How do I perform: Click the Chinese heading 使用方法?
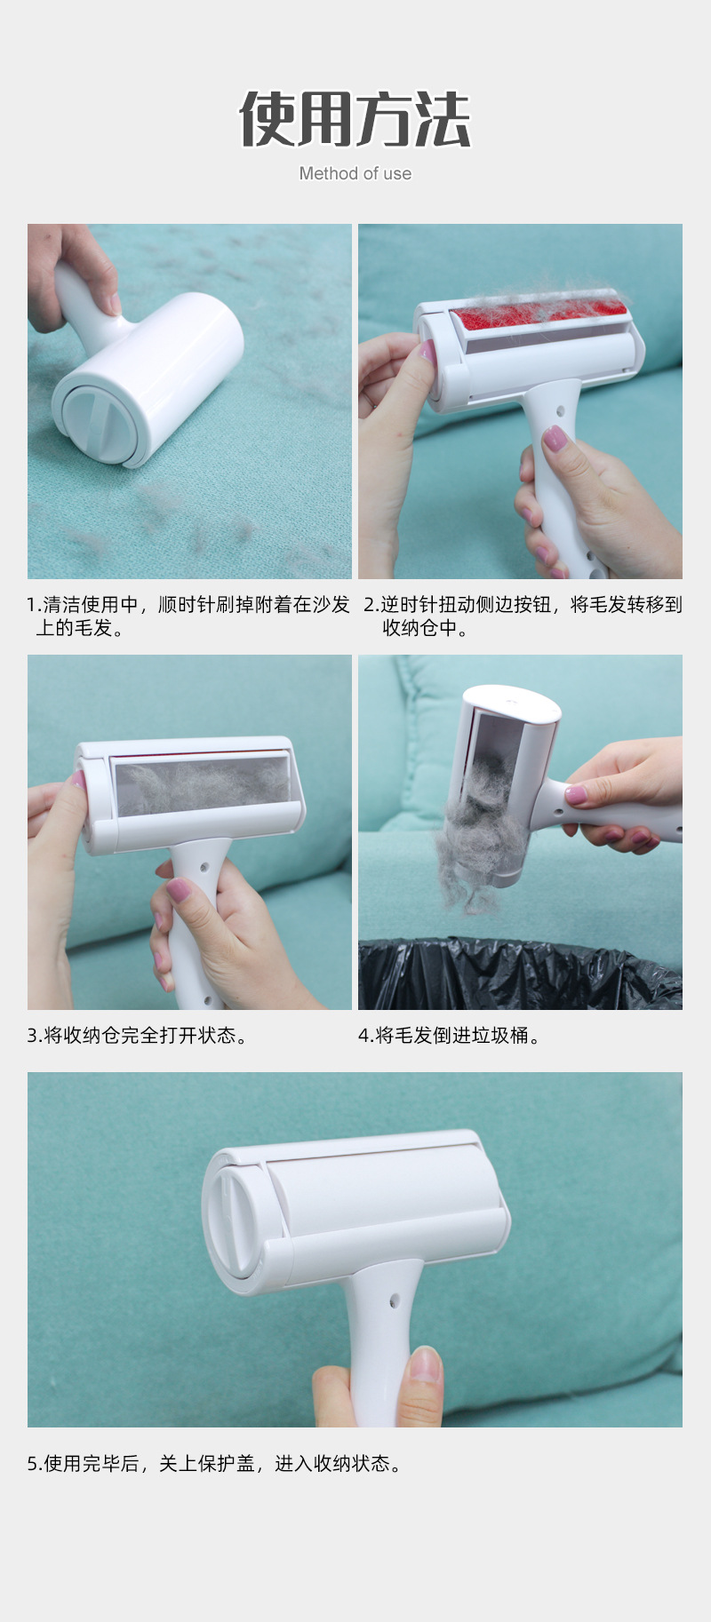355,119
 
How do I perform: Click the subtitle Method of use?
355,173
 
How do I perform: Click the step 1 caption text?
188,616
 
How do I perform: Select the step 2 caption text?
523,616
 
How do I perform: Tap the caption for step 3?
138,1035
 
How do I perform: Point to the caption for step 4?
450,1035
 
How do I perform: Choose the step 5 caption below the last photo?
215,1463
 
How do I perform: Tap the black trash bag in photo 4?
520,974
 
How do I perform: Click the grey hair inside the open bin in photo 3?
202,785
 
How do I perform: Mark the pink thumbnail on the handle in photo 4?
576,794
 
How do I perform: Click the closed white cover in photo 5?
382,1196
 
